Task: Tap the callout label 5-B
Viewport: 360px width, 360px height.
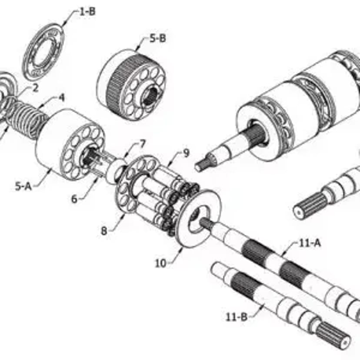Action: (x=157, y=38)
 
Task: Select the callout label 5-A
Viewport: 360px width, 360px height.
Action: (x=24, y=187)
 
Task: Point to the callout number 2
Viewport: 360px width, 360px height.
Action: (x=35, y=88)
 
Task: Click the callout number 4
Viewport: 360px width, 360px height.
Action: (x=62, y=97)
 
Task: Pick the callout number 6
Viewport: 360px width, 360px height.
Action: (x=75, y=199)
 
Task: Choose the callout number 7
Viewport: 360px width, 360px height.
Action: (x=143, y=143)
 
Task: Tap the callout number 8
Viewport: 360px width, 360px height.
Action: (x=104, y=231)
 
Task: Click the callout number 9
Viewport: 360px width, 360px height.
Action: (x=186, y=153)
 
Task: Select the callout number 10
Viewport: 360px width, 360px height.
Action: (x=161, y=263)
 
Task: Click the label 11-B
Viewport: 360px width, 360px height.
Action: (x=237, y=317)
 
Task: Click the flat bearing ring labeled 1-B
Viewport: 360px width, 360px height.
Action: (x=43, y=51)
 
